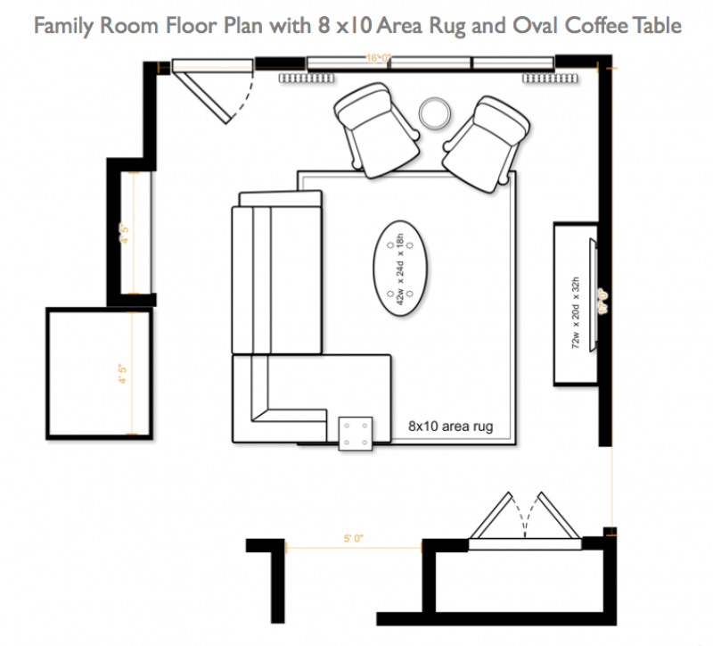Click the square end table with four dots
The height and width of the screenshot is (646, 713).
pyautogui.click(x=357, y=433)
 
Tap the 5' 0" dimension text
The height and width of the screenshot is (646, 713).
pyautogui.click(x=353, y=539)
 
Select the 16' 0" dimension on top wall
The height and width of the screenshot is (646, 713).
pyautogui.click(x=380, y=58)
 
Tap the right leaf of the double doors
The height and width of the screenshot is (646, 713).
pyautogui.click(x=554, y=518)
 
